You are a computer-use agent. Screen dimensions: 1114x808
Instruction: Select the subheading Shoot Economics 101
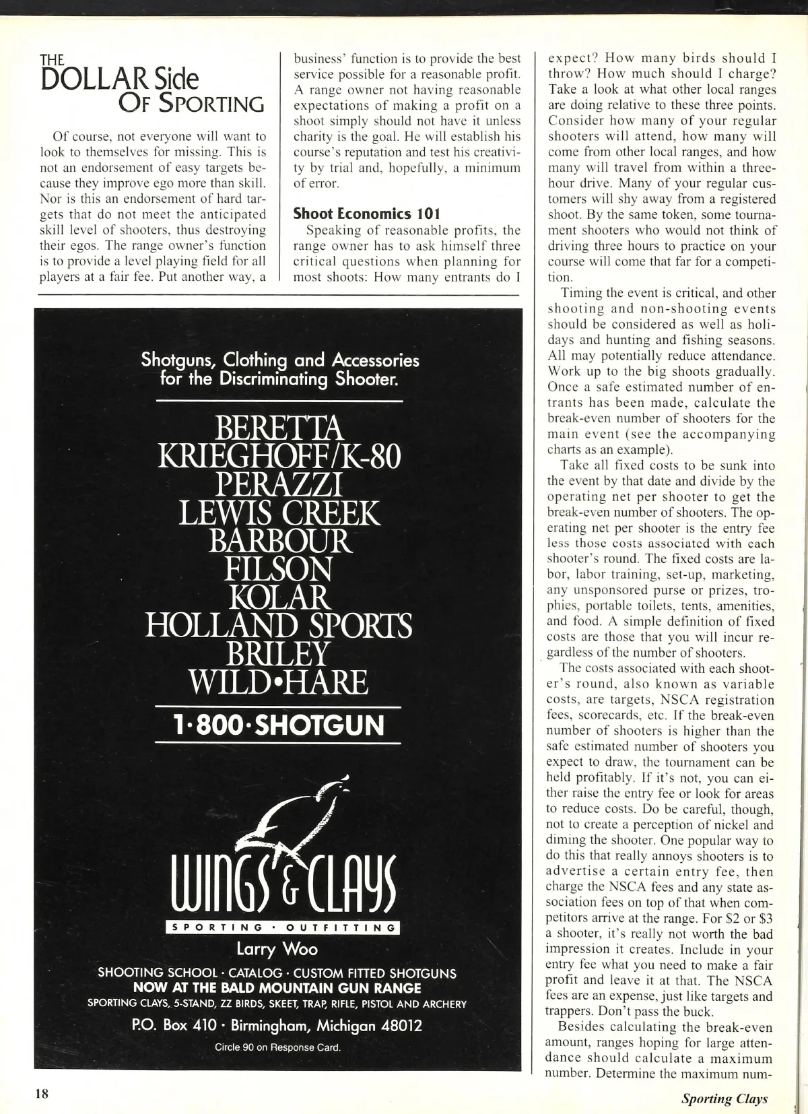point(367,214)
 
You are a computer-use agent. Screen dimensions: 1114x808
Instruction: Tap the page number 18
point(42,1093)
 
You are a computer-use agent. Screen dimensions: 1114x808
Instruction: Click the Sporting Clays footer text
point(724,1099)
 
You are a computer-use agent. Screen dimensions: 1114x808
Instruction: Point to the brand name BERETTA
point(278,428)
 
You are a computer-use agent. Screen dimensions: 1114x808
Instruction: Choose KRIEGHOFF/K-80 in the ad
point(278,456)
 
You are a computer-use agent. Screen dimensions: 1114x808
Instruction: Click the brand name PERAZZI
point(278,484)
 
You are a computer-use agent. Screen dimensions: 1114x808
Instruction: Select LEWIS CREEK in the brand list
point(278,513)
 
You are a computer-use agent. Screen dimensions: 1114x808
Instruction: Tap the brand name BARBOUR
point(278,542)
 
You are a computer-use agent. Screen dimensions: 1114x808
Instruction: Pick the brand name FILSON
point(278,570)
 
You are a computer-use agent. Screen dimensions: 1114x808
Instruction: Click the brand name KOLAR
point(278,598)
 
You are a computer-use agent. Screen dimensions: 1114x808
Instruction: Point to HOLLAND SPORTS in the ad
point(278,626)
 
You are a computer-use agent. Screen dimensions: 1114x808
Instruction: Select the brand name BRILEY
point(278,654)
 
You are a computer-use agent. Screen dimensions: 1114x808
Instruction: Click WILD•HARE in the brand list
point(278,682)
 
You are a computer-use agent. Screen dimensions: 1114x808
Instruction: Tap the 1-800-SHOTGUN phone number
point(278,725)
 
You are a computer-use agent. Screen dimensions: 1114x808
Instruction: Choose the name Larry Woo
point(277,949)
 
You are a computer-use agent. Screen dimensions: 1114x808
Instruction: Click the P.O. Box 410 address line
point(277,1025)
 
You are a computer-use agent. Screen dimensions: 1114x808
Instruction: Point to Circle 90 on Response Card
point(277,1047)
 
